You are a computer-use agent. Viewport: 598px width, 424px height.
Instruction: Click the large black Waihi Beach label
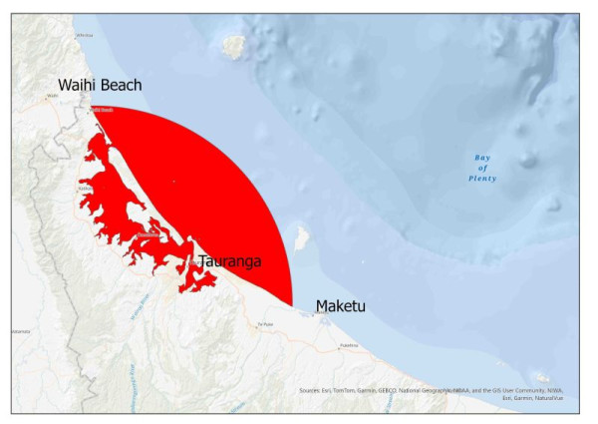pyautogui.click(x=100, y=84)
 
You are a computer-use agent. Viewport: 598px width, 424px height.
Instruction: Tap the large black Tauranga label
pyautogui.click(x=229, y=261)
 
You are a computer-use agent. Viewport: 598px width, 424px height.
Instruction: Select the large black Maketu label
pyautogui.click(x=340, y=305)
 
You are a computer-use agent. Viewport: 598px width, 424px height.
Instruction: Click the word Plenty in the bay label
pyautogui.click(x=484, y=179)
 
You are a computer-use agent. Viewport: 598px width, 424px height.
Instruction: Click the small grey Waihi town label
pyautogui.click(x=49, y=97)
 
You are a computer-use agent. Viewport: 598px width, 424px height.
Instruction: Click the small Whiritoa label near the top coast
pyautogui.click(x=70, y=34)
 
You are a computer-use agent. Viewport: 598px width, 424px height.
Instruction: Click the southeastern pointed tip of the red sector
pyautogui.click(x=292, y=304)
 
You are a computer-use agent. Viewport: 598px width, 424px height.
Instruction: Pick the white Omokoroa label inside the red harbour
pyautogui.click(x=149, y=235)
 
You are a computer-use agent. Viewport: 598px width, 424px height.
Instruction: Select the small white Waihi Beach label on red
pyautogui.click(x=103, y=110)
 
